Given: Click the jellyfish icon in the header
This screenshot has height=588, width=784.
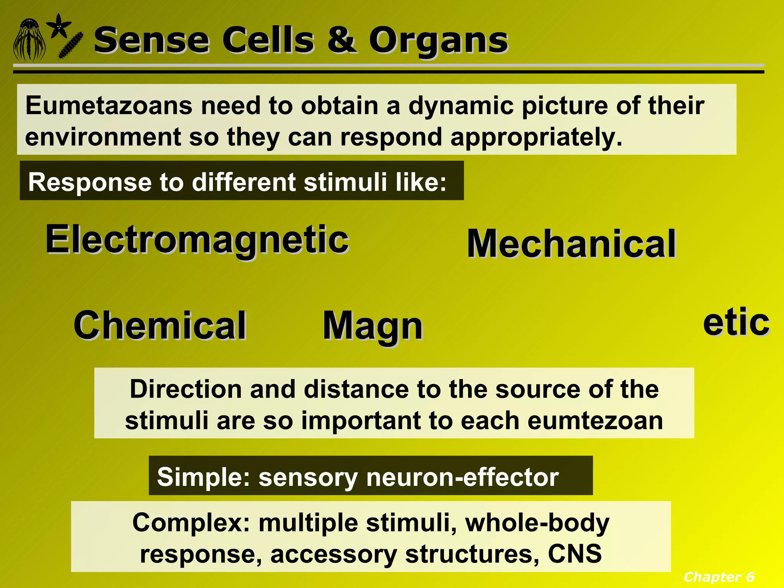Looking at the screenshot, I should click(29, 41).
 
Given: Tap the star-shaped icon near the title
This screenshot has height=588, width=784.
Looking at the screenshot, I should click(59, 26).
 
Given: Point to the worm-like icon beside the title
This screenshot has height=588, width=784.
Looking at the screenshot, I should click(71, 46).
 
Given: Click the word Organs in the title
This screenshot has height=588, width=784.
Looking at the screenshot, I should click(438, 41).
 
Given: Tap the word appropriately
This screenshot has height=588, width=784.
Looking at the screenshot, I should click(536, 137).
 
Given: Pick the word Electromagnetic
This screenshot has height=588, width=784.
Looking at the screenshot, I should click(197, 240).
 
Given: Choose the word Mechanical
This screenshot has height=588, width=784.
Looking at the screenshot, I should click(571, 244).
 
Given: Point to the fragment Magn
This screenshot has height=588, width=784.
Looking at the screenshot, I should click(372, 326).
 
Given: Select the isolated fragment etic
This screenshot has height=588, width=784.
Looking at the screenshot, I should click(736, 322).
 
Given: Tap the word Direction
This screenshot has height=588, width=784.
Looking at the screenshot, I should click(186, 389).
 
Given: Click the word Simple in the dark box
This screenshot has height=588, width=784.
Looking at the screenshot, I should click(203, 477).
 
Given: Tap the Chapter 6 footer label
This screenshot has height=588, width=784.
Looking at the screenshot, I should click(719, 577).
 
